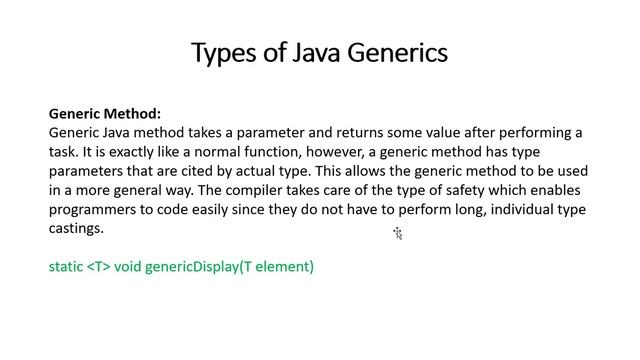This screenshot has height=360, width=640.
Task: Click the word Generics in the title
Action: pos(397,53)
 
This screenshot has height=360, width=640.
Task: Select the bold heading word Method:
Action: pos(134,114)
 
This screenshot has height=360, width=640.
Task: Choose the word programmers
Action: pos(93,209)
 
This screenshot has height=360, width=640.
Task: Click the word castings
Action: pos(76,228)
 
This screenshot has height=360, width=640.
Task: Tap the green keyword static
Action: pos(66,267)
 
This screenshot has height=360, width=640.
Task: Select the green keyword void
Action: pos(128,267)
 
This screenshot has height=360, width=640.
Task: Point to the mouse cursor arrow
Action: pos(397,233)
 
